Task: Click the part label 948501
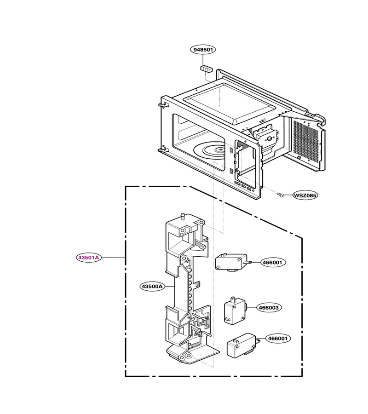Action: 203,49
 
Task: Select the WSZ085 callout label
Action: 305,195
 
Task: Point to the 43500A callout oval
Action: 152,286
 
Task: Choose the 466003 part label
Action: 269,308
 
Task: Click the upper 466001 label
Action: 273,263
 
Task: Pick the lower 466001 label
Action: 278,338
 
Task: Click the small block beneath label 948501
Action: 207,69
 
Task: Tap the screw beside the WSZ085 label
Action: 280,195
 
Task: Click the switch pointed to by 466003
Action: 235,310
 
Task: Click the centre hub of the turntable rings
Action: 219,149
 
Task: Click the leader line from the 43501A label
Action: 113,257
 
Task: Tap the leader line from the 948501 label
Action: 203,59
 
